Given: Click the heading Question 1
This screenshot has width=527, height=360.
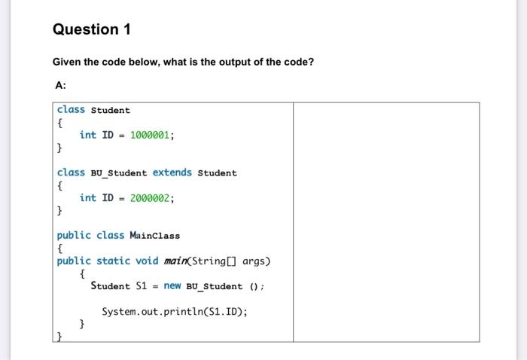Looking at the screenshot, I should (x=92, y=29).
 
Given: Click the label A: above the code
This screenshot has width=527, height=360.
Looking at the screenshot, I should (x=61, y=85).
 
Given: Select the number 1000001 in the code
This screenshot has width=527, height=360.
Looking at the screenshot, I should (x=152, y=135).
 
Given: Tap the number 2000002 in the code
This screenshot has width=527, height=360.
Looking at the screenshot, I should (x=152, y=198).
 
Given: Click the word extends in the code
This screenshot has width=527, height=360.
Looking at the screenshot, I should (x=172, y=172).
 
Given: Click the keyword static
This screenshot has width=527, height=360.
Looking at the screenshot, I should (x=113, y=261).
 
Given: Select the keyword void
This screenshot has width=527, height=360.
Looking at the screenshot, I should (x=147, y=261).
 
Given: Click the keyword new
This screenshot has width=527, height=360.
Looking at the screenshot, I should (x=172, y=286).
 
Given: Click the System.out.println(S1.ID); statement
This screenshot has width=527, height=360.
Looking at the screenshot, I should (x=174, y=311).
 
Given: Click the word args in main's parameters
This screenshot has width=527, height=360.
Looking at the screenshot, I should (x=255, y=261).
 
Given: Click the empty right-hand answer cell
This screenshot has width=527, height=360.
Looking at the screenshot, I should (x=385, y=222).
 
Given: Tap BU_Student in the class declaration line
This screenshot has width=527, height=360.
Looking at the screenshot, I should (x=119, y=173).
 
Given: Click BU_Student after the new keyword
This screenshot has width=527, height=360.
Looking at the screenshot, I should (x=214, y=286).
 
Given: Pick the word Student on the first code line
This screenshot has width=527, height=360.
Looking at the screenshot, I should (x=111, y=110).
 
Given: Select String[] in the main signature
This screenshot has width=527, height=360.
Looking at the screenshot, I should (x=215, y=261).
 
